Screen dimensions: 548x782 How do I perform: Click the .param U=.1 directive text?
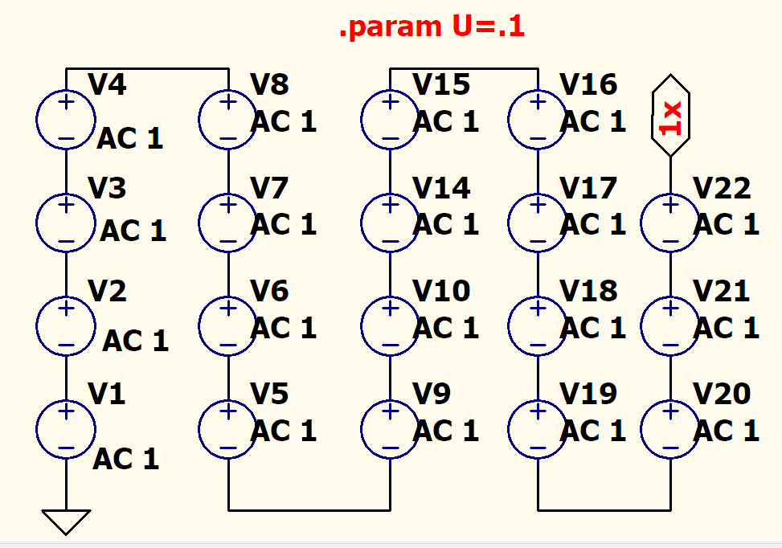tap(432, 28)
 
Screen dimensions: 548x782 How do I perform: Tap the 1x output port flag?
tap(670, 117)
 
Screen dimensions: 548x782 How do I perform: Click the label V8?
tap(269, 84)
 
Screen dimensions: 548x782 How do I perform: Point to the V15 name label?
tap(440, 84)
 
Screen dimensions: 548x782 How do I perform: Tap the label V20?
tap(722, 394)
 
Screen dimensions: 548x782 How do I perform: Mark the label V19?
tap(588, 394)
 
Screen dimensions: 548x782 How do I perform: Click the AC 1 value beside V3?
tap(133, 231)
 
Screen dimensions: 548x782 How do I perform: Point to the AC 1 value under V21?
tap(726, 328)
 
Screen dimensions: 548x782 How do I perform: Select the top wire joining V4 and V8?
tap(147, 68)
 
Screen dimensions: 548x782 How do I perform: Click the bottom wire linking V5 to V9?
tap(309, 509)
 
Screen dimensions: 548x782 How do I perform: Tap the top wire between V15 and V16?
tap(464, 68)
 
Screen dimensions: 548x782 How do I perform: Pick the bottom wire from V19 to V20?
tap(604, 509)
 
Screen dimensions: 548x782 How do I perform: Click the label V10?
tap(441, 291)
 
